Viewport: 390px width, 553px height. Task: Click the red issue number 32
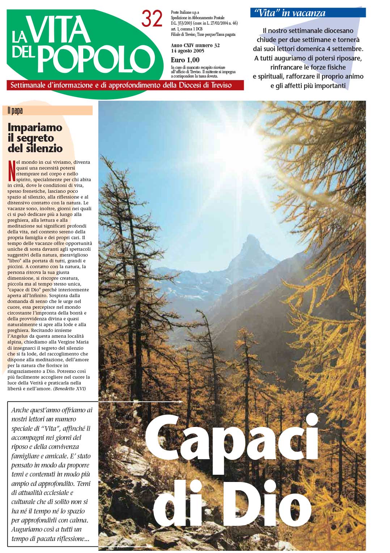[x=152, y=19]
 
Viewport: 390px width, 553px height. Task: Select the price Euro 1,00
[x=185, y=60]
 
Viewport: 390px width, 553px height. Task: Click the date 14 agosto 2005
[x=187, y=51]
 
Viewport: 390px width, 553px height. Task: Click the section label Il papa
[x=15, y=111]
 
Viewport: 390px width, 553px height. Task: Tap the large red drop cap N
[x=12, y=170]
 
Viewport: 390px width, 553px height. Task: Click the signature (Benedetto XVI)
[x=69, y=389]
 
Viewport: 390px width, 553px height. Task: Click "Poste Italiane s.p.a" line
[x=185, y=12]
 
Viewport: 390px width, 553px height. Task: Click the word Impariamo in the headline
[x=35, y=128]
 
